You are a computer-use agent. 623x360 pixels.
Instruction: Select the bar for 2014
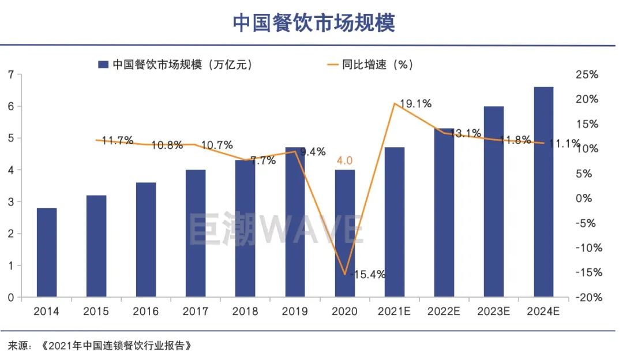pos(47,253)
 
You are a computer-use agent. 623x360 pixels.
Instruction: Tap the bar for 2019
pos(295,222)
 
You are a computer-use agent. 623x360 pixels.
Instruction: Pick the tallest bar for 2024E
pos(543,192)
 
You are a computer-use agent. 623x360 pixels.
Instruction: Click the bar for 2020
pos(344,234)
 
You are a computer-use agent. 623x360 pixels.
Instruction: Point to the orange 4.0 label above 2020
pos(344,161)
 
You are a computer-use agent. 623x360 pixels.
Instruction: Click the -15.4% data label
pos(367,275)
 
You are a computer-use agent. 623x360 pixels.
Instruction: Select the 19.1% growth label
pos(416,104)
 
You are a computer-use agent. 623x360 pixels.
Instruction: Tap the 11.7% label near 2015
pos(117,140)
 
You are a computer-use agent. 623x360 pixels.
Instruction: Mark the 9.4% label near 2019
pos(314,152)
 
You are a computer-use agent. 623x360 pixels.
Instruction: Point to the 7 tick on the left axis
pos(11,74)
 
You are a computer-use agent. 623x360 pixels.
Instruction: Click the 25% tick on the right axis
pos(587,74)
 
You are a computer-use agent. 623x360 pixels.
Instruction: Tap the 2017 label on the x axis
pos(196,312)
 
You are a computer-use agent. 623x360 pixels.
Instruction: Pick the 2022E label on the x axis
pos(444,312)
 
